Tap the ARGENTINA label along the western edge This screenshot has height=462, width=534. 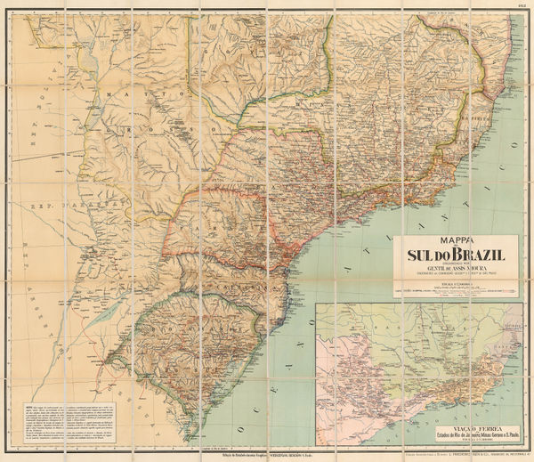[x=31, y=267]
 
